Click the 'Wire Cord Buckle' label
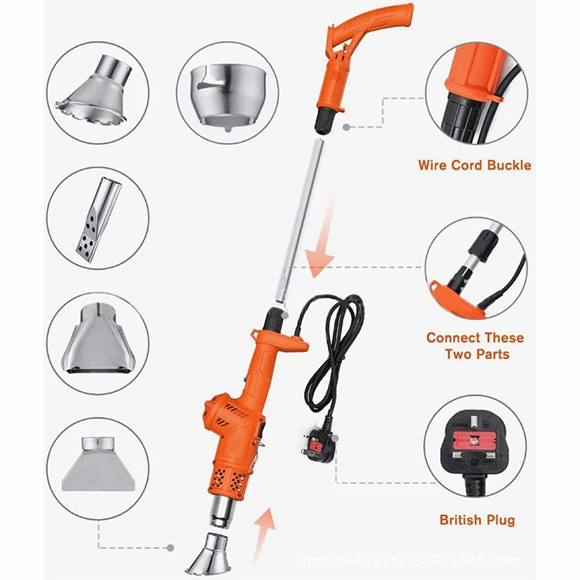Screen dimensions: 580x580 (474, 165)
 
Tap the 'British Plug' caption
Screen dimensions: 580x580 (476, 520)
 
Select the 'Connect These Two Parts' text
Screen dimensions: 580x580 (474, 346)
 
